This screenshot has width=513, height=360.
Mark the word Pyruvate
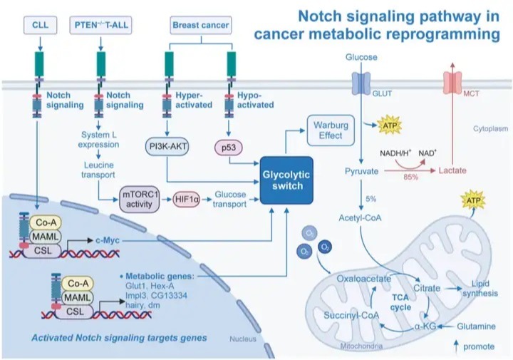[x=361, y=173]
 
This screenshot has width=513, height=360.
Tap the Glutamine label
[x=475, y=326]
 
